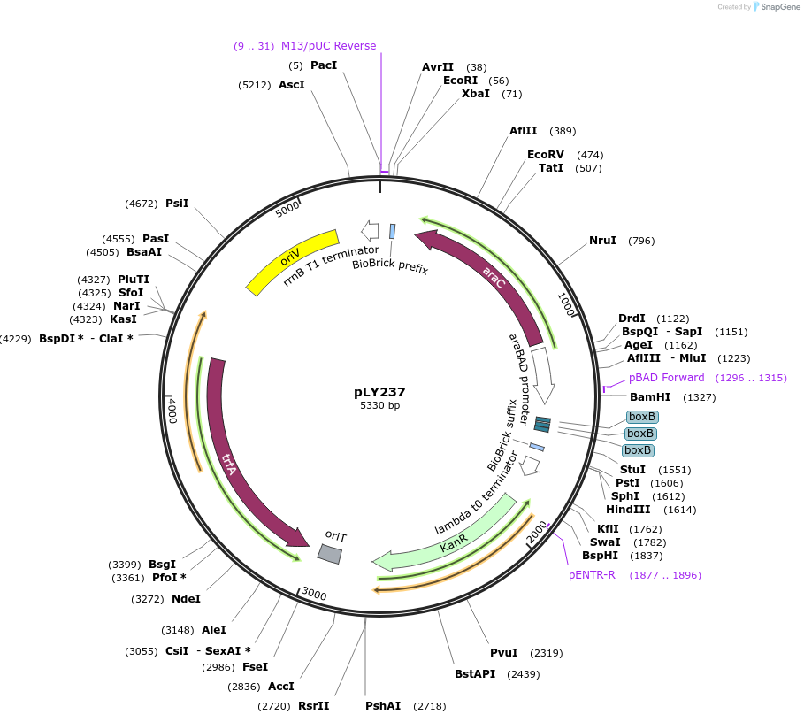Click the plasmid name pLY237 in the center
tap(379, 392)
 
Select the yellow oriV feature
tap(292, 261)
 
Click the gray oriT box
tap(329, 553)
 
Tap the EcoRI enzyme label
tap(460, 81)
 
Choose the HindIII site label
tap(628, 509)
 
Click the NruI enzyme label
tap(602, 241)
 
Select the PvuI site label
tap(503, 653)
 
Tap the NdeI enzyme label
tap(186, 599)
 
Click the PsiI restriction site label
tap(177, 204)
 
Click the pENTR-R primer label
tap(592, 575)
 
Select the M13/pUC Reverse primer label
tap(328, 46)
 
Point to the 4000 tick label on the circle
tap(172, 411)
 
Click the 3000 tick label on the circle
tap(314, 593)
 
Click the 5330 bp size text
tap(379, 406)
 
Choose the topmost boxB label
tap(641, 417)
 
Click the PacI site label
tap(324, 65)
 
